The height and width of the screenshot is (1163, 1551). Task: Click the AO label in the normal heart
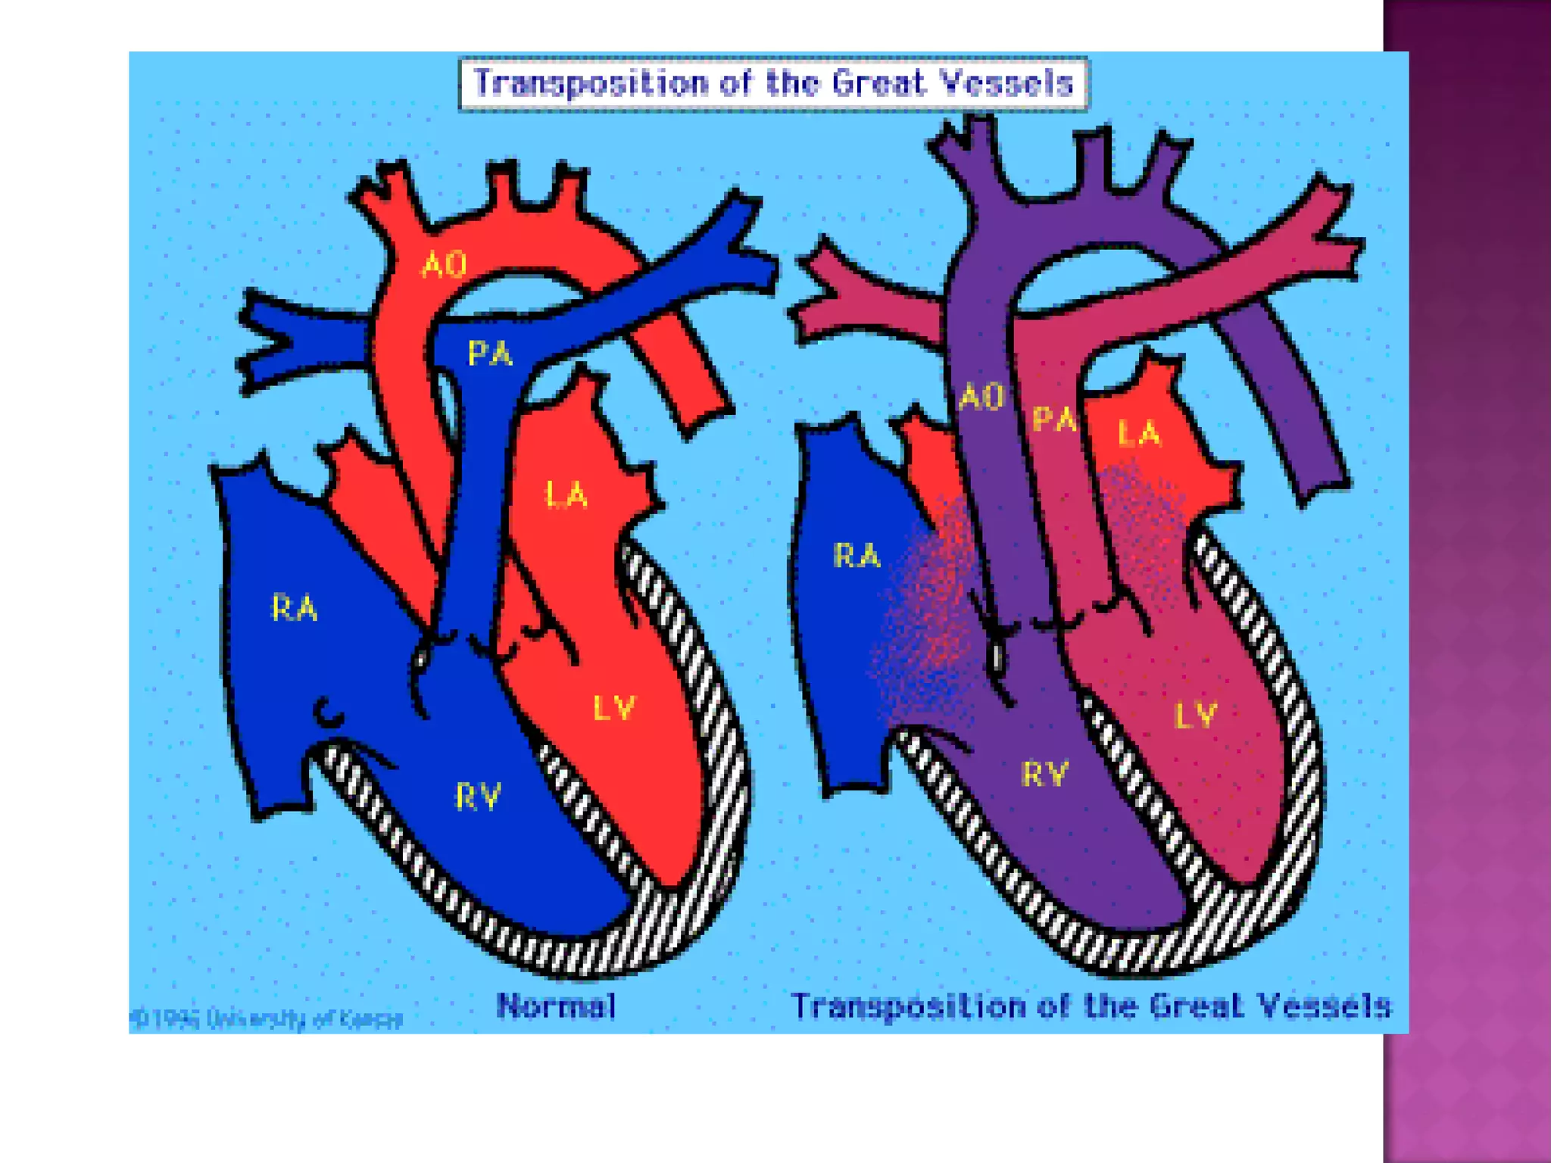pos(445,265)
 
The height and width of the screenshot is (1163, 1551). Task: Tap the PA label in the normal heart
pos(490,353)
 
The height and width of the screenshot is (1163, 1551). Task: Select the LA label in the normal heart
pos(566,495)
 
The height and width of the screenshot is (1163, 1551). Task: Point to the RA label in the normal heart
pos(295,608)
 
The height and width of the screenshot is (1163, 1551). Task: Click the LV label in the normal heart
pos(613,708)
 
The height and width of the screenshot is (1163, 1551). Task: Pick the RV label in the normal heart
pos(478,797)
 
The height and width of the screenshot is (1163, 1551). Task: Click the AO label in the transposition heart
pos(981,398)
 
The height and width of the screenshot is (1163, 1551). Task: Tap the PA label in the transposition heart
pos(1054,419)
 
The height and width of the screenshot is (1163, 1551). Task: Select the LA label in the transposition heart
pos(1139,434)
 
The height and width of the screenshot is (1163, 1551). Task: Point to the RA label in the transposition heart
pos(857,556)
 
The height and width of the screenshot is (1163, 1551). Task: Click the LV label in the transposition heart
pos(1195,715)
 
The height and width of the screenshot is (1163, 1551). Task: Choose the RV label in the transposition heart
pos(1045,774)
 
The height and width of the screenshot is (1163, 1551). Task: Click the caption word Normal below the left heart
pos(557,1006)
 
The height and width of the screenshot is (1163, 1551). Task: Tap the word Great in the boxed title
pos(878,83)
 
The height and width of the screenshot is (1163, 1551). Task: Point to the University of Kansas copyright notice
pos(267,1019)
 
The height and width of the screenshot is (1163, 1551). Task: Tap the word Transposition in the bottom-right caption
pos(908,1007)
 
